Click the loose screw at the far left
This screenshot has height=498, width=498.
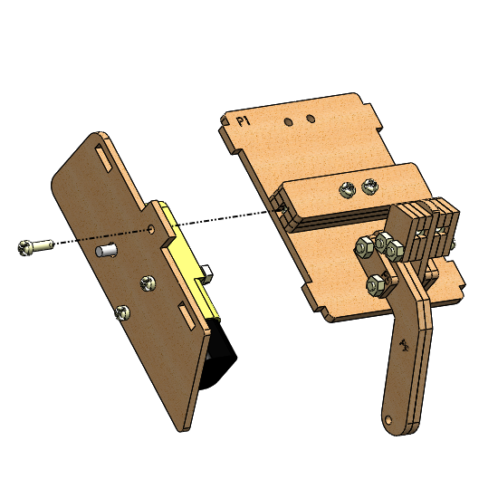pos(35,247)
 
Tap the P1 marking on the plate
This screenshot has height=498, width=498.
pos(244,121)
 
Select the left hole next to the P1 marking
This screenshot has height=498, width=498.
pos(288,121)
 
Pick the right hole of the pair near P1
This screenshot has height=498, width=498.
pos(311,119)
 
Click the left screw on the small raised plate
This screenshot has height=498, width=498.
pos(347,189)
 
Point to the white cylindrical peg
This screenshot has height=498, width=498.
pos(106,250)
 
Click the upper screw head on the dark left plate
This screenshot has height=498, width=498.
pos(148,283)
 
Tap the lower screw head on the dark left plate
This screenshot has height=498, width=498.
pos(122,312)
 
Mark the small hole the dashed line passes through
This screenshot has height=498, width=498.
pos(152,229)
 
